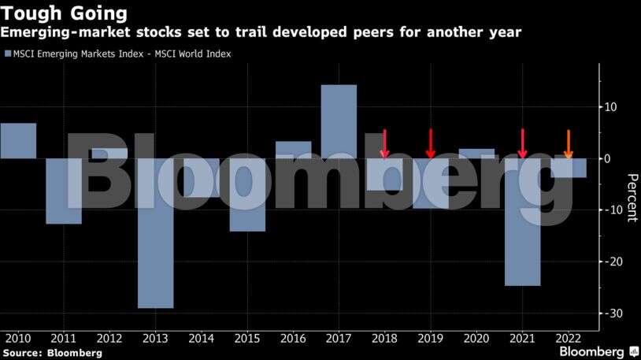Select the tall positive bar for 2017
tap(339, 121)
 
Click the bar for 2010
tap(18, 140)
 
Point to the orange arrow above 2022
tap(569, 144)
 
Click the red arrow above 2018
tap(385, 144)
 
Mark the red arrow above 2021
tap(522, 144)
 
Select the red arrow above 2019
tap(431, 144)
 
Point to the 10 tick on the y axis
tap(610, 107)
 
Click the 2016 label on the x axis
tap(293, 338)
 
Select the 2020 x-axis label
tap(476, 338)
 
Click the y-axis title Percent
tap(630, 197)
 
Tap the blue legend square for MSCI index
tap(8, 54)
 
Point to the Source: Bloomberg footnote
tap(52, 353)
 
